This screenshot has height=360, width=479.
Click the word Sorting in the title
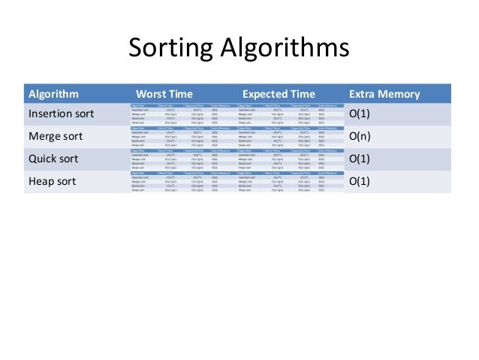pos(170,50)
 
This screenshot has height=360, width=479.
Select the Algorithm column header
pos(53,94)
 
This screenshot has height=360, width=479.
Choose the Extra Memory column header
pos(384,94)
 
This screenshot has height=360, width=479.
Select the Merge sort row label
pos(55,138)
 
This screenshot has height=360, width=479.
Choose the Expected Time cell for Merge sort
pos(289,138)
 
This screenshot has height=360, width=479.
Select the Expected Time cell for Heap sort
pos(289,181)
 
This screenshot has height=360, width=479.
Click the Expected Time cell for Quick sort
pos(289,159)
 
